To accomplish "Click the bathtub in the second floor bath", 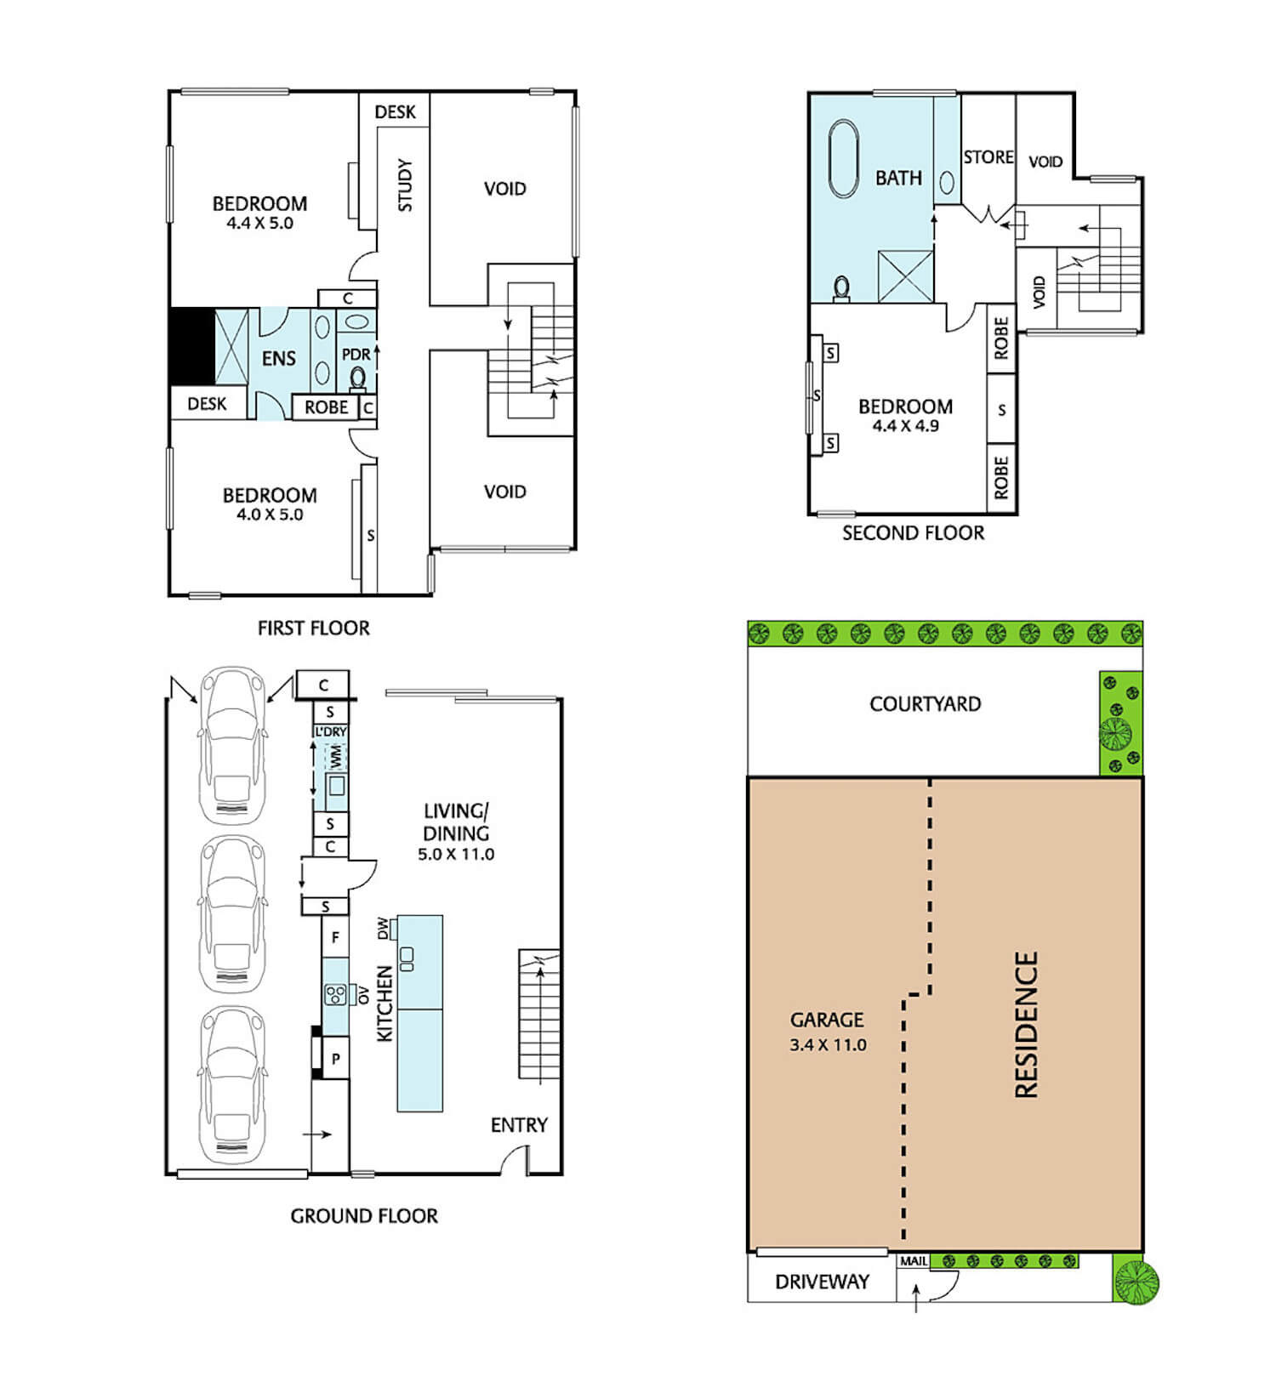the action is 844,159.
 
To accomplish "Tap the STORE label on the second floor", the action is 988,157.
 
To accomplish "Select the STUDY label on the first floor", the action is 405,185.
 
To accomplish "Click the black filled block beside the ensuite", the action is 192,345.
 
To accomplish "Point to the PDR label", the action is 356,354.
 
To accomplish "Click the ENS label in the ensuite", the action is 279,358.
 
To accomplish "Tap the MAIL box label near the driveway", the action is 914,1261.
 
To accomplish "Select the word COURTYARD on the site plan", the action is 926,704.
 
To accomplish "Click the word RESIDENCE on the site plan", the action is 1027,1025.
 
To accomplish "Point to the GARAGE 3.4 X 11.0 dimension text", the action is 828,1045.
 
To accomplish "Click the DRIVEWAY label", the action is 822,1282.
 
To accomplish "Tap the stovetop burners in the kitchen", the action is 335,993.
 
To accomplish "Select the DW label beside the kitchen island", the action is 383,929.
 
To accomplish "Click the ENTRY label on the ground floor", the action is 519,1125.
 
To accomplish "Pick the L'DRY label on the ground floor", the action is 331,731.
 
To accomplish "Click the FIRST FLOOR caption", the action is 314,628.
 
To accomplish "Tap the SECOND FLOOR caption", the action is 914,533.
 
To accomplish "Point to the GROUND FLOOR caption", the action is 364,1216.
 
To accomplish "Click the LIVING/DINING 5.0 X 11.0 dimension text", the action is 456,855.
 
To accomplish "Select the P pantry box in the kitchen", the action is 336,1059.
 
